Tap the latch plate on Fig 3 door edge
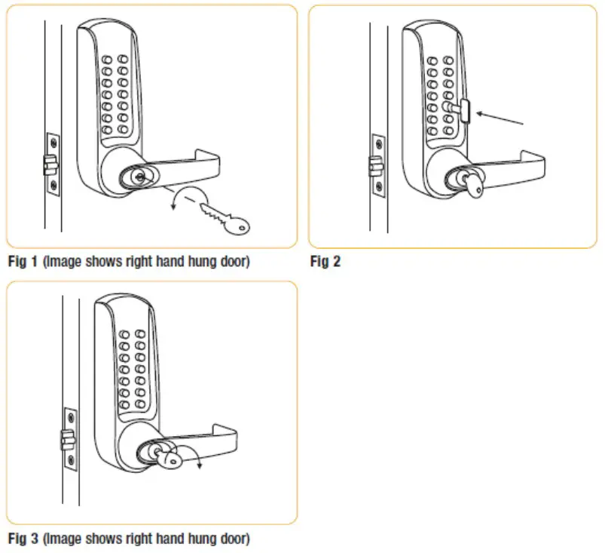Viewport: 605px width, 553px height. point(69,437)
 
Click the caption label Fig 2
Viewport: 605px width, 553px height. point(325,263)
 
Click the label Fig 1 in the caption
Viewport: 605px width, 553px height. point(20,263)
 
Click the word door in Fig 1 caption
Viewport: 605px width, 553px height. point(231,263)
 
